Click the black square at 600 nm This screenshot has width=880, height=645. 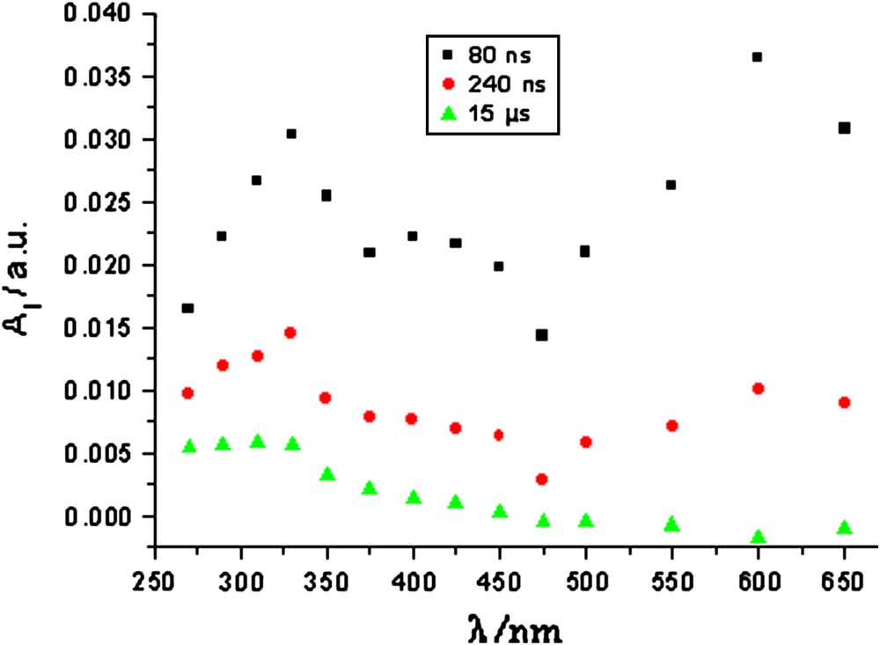point(757,57)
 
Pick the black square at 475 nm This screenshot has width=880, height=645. point(542,335)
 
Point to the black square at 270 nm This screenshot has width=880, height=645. point(187,308)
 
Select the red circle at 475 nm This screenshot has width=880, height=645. point(542,480)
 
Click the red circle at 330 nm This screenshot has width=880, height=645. point(290,333)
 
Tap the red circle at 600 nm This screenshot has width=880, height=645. point(758,388)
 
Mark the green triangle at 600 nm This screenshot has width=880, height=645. point(758,537)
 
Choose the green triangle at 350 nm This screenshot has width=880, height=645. point(326,474)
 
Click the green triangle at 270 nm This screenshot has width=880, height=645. point(188,446)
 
